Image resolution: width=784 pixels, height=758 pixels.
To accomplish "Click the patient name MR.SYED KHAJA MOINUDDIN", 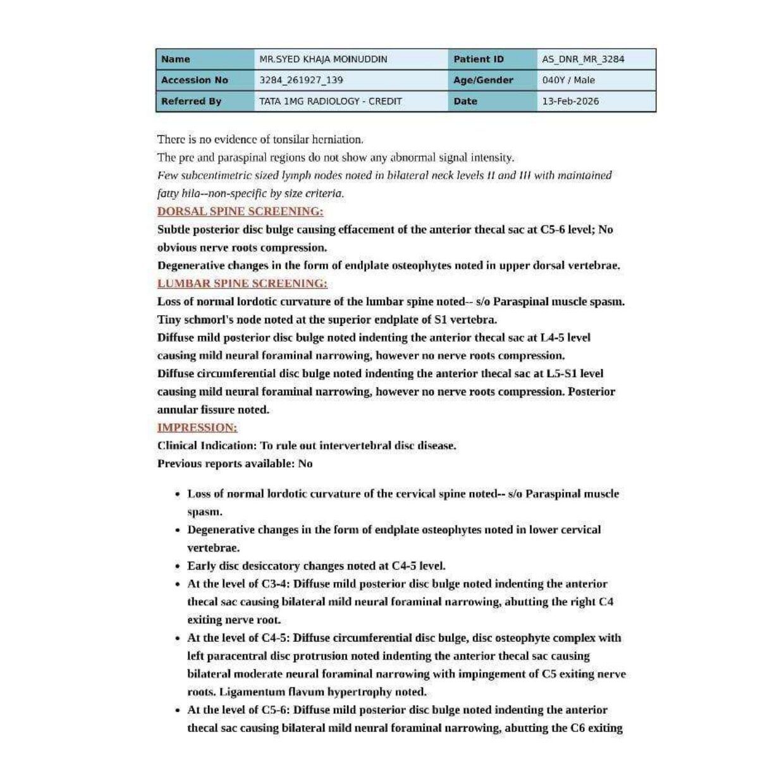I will (x=323, y=59).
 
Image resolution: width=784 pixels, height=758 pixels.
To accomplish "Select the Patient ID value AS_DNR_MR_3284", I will (x=583, y=59).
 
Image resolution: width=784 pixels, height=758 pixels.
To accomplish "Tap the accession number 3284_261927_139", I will (x=301, y=80).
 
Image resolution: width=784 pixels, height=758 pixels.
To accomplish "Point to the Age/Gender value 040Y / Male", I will (x=568, y=80).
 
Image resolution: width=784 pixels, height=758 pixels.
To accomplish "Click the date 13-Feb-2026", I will (x=570, y=101).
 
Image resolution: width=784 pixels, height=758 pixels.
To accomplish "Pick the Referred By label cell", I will (x=191, y=101).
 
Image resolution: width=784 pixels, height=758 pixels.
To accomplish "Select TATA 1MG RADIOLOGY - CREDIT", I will (x=330, y=101).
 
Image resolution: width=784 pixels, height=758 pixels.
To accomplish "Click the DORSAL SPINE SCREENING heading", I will (x=240, y=212).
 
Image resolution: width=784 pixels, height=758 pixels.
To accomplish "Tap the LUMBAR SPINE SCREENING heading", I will (x=242, y=284).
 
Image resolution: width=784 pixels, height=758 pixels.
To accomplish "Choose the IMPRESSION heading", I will (x=197, y=428).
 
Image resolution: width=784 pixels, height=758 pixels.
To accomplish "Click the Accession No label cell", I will (x=194, y=80).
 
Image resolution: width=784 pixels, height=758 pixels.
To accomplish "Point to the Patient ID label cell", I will (x=479, y=59).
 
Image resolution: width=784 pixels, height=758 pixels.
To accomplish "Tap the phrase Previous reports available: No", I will (x=235, y=464).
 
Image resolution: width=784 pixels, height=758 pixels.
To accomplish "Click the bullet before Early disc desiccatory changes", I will (x=178, y=567).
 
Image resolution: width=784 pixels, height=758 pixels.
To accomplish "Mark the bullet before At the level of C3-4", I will (x=178, y=584).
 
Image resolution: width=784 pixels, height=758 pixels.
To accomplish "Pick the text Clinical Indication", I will (x=207, y=446).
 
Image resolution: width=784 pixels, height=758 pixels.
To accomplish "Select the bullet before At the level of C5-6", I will (x=178, y=710).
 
